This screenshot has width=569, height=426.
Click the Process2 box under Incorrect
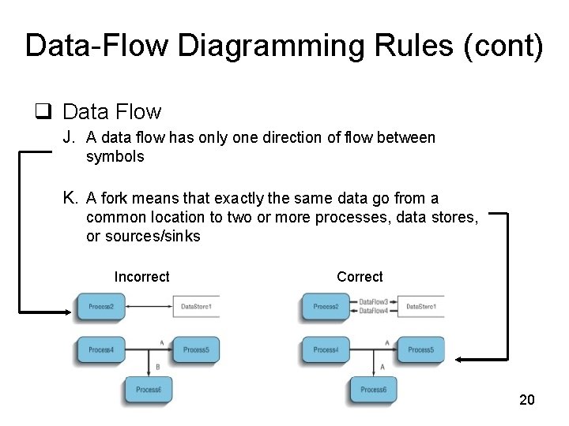coord(101,306)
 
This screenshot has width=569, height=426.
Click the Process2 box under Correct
coord(326,306)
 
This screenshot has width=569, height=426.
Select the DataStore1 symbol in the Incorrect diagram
coord(196,306)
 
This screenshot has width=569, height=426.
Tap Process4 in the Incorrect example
coord(101,349)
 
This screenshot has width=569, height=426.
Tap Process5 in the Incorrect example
coord(195,349)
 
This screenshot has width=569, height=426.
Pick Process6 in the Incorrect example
coord(148,390)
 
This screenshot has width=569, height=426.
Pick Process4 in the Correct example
coord(326,349)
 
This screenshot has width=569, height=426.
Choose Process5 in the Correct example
coord(420,349)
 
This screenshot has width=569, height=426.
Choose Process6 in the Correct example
coord(373,390)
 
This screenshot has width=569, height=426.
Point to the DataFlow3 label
coord(374,302)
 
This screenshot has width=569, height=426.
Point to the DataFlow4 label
coord(374,311)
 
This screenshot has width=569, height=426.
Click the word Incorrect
coord(141,277)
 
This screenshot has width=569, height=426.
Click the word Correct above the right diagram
coord(360,277)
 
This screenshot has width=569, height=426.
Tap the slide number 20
coord(526,400)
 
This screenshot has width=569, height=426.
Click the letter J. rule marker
coord(70,138)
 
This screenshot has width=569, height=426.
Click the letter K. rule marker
coord(70,198)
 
